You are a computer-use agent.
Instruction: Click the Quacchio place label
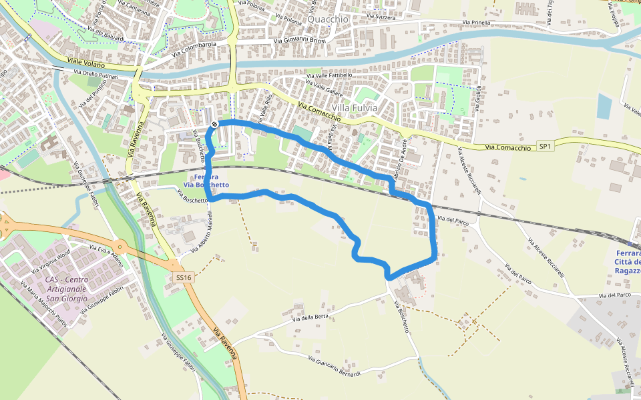[328, 19]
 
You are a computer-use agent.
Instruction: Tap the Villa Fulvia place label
[355, 107]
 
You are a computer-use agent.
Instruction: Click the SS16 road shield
[182, 277]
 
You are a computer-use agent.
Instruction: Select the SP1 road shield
[546, 146]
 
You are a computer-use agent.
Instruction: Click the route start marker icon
[214, 124]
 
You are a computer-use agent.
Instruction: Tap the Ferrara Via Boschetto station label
[211, 181]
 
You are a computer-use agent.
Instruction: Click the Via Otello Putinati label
[95, 75]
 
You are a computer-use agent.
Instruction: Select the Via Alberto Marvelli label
[202, 237]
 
